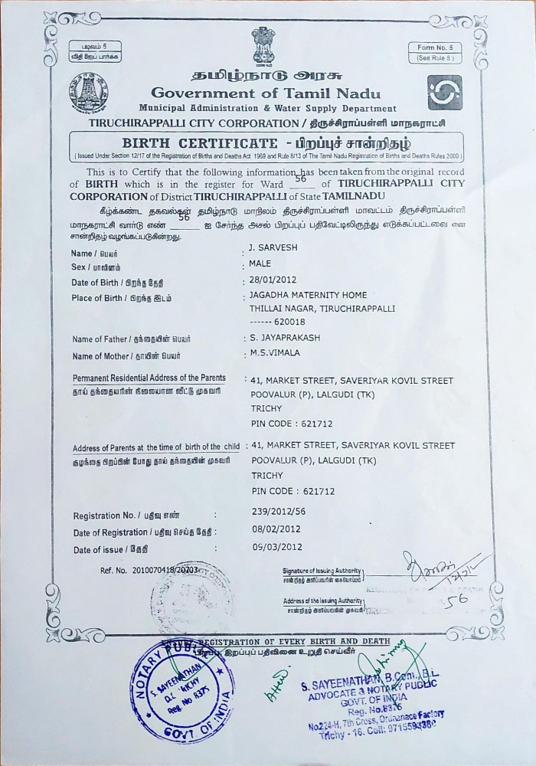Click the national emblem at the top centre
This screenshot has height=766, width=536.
262,47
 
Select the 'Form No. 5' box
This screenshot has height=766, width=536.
436,52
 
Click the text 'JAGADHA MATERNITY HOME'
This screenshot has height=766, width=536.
308,295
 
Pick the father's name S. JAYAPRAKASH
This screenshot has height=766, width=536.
280,337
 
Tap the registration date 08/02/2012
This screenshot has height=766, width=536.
276,529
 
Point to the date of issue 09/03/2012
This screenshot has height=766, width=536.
276,547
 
